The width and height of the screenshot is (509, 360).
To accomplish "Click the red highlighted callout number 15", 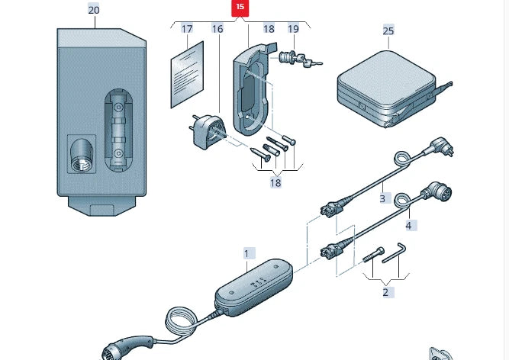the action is [x=240, y=8].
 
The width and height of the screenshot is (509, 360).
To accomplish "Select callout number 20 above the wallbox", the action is [x=94, y=10].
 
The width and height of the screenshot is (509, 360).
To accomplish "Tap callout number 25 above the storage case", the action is [x=388, y=31].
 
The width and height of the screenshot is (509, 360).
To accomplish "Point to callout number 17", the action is [x=187, y=29].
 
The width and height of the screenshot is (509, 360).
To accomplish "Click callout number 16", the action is [x=217, y=29].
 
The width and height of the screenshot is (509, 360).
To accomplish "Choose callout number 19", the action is [x=293, y=29].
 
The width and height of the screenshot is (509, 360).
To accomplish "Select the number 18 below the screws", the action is [x=275, y=183].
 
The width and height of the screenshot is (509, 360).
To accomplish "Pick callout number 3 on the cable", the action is [x=382, y=198].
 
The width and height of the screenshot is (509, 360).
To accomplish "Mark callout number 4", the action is [x=408, y=225].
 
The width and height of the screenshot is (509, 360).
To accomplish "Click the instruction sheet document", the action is [x=187, y=75].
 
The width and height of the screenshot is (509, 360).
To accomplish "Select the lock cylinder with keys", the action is [x=299, y=59].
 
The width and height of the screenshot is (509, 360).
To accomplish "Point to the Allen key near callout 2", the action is [x=395, y=253].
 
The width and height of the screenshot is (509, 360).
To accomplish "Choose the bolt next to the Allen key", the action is [x=373, y=255].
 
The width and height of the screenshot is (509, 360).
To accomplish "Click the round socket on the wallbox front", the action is [x=82, y=155].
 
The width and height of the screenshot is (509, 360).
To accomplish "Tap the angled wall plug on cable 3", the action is [x=442, y=146].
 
